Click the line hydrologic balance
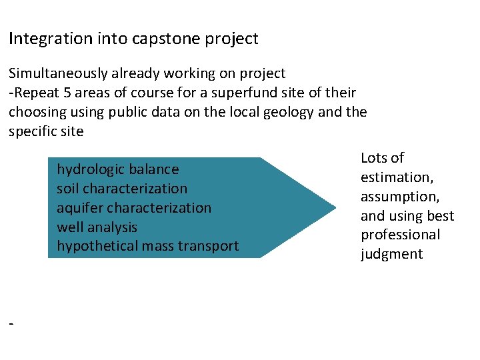[x=117, y=169]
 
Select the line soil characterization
[x=122, y=189]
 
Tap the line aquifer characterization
[x=133, y=208]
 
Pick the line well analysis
[x=97, y=227]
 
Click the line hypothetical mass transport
[x=147, y=246]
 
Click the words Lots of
[x=382, y=158]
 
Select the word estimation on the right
[x=395, y=177]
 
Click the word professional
[x=400, y=235]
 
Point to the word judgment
[x=391, y=254]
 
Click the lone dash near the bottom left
[x=11, y=323]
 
